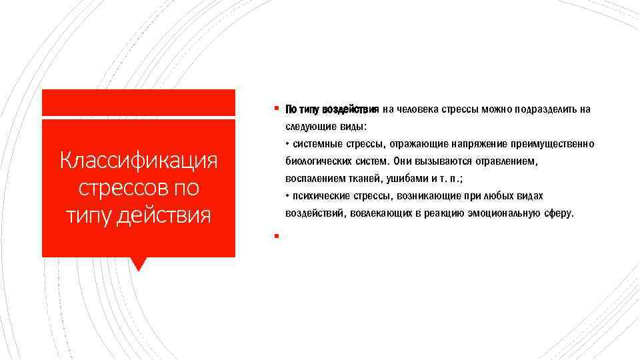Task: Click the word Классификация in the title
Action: click(x=139, y=161)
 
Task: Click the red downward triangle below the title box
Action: click(x=139, y=264)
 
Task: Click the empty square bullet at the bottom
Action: click(x=275, y=236)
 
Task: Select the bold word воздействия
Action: click(x=350, y=109)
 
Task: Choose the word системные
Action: click(x=317, y=145)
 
